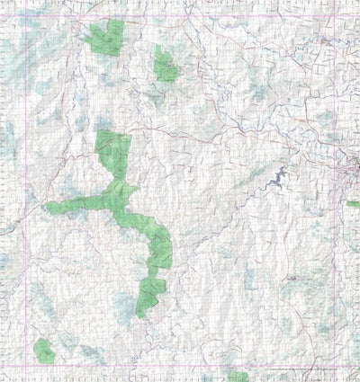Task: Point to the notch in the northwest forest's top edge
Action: pyautogui.click(x=108, y=27)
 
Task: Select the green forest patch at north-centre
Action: pyautogui.click(x=165, y=64)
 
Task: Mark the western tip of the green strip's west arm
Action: pyautogui.click(x=46, y=209)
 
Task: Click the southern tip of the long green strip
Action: pyautogui.click(x=140, y=315)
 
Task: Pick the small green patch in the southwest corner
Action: pyautogui.click(x=43, y=350)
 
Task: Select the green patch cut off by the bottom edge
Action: pyautogui.click(x=238, y=377)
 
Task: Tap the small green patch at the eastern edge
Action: pyautogui.click(x=353, y=204)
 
